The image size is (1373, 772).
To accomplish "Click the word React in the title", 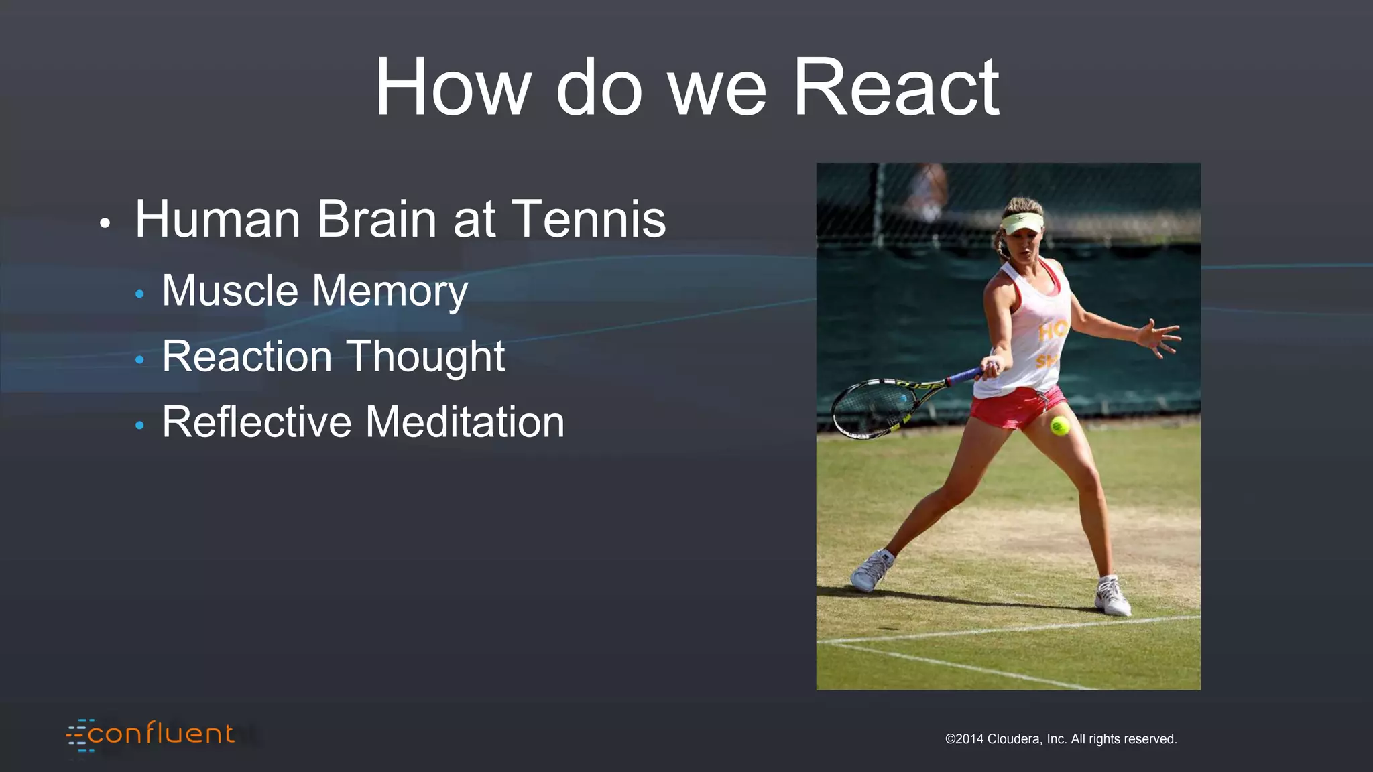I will pyautogui.click(x=896, y=87).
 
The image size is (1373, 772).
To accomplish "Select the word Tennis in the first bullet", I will pyautogui.click(x=589, y=218).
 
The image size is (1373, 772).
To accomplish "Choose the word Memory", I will pyautogui.click(x=390, y=292).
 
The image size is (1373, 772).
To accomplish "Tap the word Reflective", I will pyautogui.click(x=257, y=422).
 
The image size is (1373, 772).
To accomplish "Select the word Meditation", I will pyautogui.click(x=465, y=422).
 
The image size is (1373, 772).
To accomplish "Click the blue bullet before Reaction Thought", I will pyautogui.click(x=139, y=360).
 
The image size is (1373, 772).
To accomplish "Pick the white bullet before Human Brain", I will pyautogui.click(x=104, y=223).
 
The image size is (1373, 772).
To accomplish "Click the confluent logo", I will pyautogui.click(x=151, y=734).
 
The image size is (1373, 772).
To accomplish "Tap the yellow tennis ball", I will pyautogui.click(x=1059, y=426).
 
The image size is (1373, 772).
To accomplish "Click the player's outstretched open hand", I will pyautogui.click(x=1158, y=337).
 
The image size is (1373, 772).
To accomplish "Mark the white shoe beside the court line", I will pyautogui.click(x=1112, y=596).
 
